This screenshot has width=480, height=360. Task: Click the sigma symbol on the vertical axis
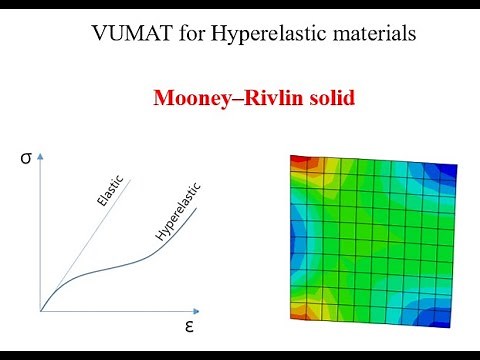coord(27,157)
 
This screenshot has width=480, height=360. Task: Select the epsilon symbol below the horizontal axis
coord(188,326)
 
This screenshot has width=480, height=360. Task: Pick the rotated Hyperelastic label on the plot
coord(179,212)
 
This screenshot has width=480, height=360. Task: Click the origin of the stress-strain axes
coord(41,311)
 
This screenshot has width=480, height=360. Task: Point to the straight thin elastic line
coord(85,245)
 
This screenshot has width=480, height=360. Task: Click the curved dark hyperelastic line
coord(120,266)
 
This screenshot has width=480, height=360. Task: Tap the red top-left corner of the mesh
coord(299,162)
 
